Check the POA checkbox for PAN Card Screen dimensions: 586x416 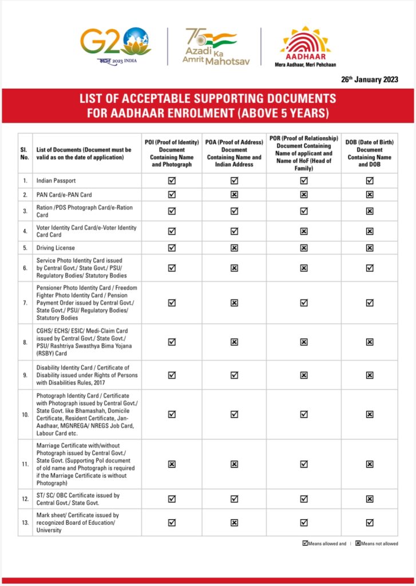(x=234, y=195)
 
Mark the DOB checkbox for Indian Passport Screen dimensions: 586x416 (x=370, y=181)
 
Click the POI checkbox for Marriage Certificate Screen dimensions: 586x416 (x=172, y=464)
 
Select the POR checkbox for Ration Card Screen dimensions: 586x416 (x=304, y=211)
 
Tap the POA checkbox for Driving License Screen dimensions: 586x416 (x=234, y=248)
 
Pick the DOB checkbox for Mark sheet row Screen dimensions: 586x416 (x=370, y=522)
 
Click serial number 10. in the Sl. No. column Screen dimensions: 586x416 (x=25, y=414)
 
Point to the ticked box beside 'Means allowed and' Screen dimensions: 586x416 (x=305, y=543)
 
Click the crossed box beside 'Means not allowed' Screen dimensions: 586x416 (x=358, y=543)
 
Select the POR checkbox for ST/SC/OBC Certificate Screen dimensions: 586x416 (x=304, y=498)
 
